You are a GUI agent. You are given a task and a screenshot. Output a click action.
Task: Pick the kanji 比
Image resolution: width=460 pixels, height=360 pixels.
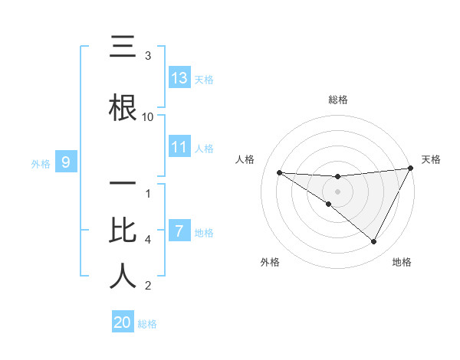(123, 230)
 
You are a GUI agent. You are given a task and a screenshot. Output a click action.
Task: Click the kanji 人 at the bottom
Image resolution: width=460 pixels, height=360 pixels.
(123, 276)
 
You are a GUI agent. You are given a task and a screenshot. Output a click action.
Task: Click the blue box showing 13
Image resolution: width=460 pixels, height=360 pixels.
(179, 78)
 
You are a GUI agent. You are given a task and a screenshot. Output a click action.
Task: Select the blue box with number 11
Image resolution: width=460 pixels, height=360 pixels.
(179, 147)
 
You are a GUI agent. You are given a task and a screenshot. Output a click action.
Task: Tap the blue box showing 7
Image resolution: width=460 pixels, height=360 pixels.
(179, 231)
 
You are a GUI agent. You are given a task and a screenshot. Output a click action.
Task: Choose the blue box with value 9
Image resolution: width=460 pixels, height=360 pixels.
(67, 162)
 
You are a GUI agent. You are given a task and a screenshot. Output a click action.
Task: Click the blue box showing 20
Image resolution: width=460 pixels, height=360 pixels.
(123, 322)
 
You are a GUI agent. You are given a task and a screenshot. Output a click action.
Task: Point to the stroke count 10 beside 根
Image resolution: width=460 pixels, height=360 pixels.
(148, 116)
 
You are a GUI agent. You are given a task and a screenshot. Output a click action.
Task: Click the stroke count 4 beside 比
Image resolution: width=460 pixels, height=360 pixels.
(148, 240)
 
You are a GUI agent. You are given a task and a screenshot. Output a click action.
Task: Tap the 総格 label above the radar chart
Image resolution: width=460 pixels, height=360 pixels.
(338, 100)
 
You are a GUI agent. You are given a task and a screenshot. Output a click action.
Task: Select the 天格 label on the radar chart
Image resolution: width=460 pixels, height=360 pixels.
(432, 159)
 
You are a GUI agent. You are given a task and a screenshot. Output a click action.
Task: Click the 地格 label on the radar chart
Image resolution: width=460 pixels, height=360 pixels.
(402, 262)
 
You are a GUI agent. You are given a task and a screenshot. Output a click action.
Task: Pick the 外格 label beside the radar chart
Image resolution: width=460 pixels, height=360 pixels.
(270, 262)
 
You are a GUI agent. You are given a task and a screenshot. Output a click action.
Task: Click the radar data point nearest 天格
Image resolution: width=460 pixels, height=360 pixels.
(411, 169)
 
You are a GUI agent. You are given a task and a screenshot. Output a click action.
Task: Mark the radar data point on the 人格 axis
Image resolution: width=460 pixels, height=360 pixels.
(279, 172)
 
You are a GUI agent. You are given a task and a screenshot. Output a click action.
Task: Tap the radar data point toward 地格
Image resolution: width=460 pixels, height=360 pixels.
(374, 241)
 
